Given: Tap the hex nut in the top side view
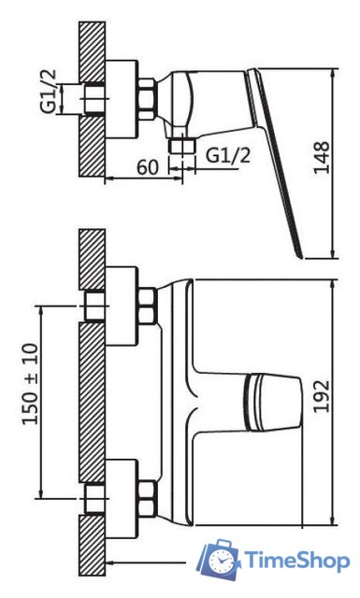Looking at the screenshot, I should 148,97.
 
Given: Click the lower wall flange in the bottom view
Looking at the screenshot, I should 122,494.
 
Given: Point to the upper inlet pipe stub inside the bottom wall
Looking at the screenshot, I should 94,306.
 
